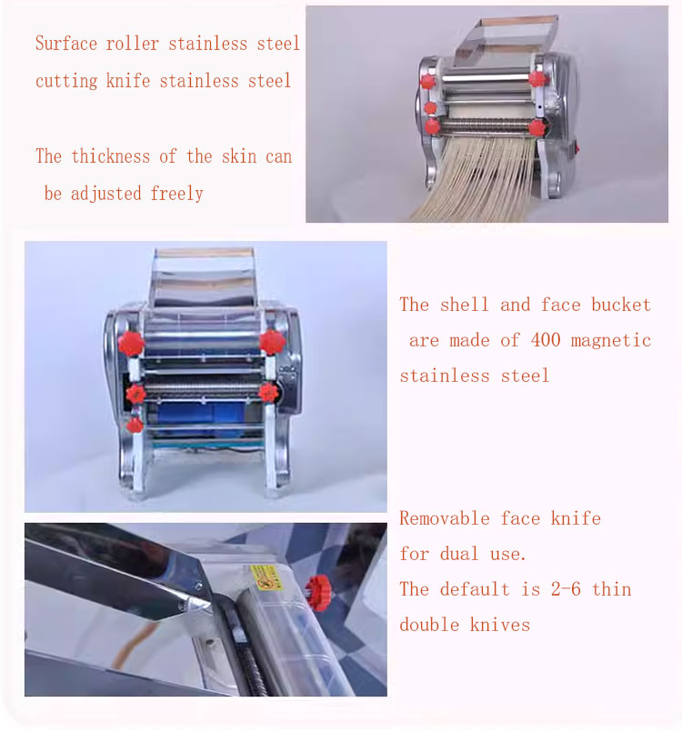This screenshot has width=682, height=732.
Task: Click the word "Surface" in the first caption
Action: pyautogui.click(x=66, y=44)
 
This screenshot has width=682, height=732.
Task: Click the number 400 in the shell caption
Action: pyautogui.click(x=546, y=340)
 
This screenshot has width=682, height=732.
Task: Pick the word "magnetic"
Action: pyautogui.click(x=610, y=341)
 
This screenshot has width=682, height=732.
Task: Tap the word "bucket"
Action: pyautogui.click(x=621, y=305)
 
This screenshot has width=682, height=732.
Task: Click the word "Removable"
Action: pyautogui.click(x=445, y=518)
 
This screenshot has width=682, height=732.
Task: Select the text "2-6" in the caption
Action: pyautogui.click(x=566, y=589)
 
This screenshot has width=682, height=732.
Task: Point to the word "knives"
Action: pyautogui.click(x=500, y=625)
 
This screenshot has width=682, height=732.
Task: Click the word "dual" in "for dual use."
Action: pyautogui.click(x=460, y=554)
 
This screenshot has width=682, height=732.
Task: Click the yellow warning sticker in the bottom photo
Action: pyautogui.click(x=266, y=578)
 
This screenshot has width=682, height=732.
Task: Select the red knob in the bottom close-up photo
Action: pyautogui.click(x=319, y=593)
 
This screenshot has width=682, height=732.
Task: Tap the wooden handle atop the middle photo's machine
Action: pyautogui.click(x=205, y=253)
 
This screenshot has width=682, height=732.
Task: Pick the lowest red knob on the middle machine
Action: pyautogui.click(x=135, y=426)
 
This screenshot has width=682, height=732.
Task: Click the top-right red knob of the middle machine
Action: pyautogui.click(x=272, y=342)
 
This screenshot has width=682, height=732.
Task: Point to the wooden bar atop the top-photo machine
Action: pyautogui.click(x=519, y=21)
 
